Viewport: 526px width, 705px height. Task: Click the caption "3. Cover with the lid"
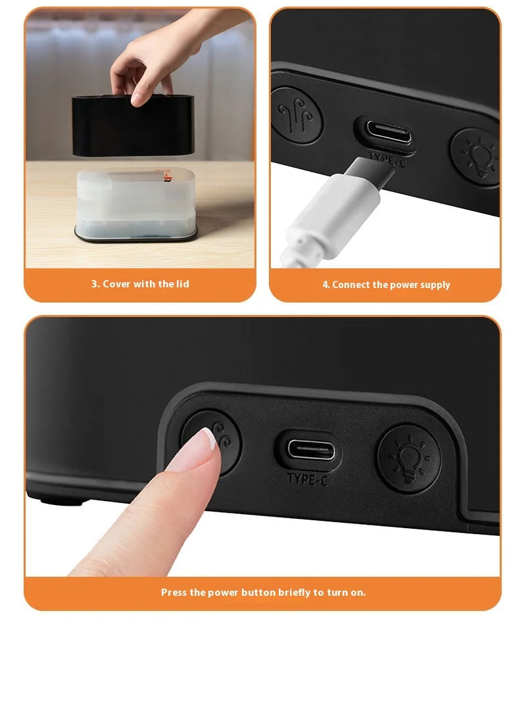click(140, 284)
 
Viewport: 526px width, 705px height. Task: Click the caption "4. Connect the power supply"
click(386, 285)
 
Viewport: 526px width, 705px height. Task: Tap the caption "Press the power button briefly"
click(263, 593)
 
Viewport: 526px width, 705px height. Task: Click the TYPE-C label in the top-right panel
click(388, 158)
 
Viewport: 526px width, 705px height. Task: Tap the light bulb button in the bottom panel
click(408, 458)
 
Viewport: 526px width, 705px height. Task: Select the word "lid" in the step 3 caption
click(182, 284)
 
